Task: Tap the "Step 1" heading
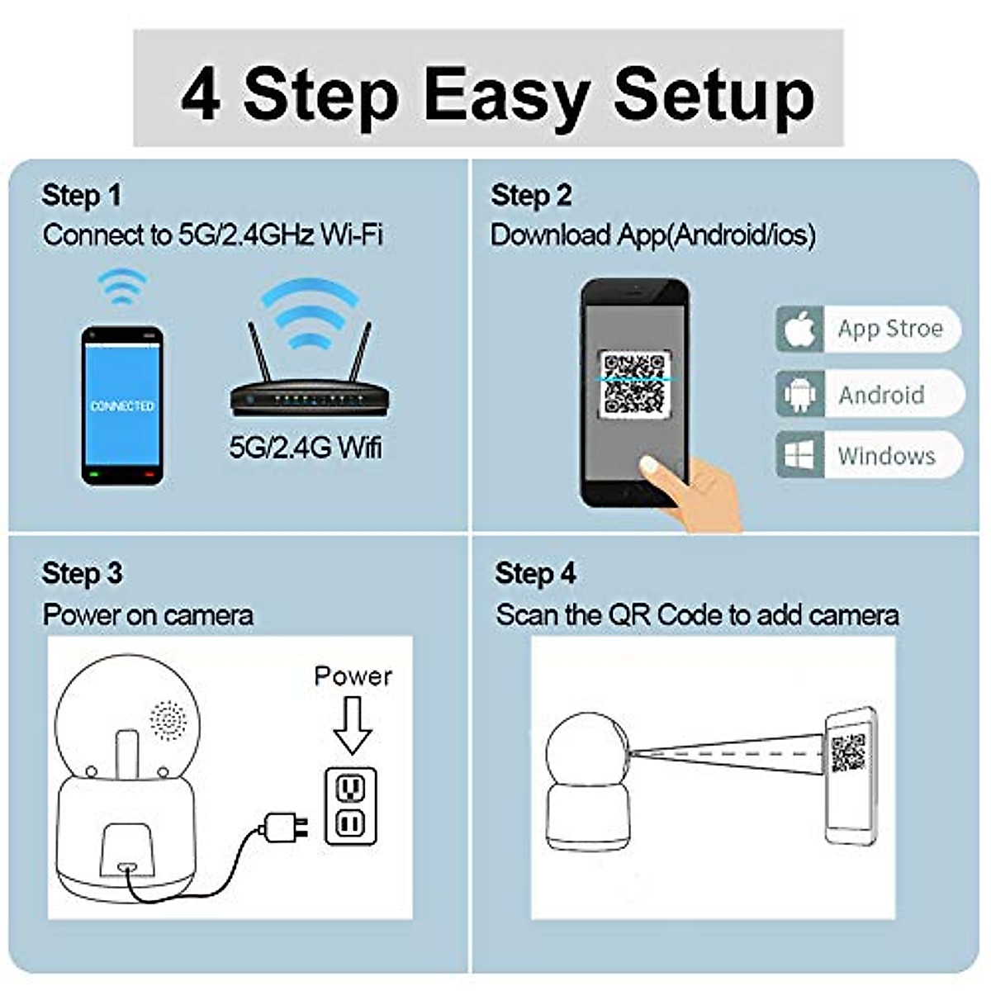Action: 81,196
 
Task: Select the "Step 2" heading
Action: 530,196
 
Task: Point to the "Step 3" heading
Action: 82,573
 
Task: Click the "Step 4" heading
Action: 535,573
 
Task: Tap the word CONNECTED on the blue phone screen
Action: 122,406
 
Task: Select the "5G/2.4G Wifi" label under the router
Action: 306,448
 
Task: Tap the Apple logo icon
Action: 799,330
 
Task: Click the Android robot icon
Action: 799,394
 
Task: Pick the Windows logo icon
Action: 799,455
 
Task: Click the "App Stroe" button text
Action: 889,329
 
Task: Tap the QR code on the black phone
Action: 633,383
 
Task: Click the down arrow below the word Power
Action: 353,724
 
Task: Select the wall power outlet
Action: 351,805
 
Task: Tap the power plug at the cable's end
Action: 284,826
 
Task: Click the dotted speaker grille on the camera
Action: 168,720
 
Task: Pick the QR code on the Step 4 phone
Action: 848,752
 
